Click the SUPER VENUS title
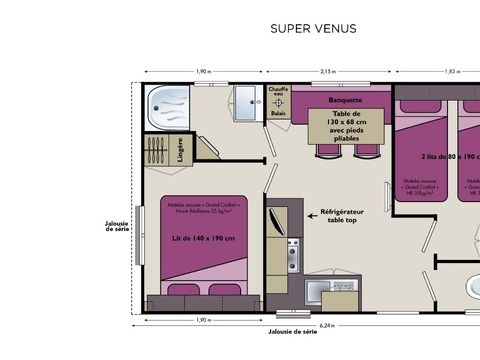pyautogui.click(x=313, y=29)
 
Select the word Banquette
pyautogui.click(x=344, y=102)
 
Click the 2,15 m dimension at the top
pyautogui.click(x=327, y=72)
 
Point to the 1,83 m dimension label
pyautogui.click(x=452, y=72)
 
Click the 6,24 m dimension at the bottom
pyautogui.click(x=327, y=325)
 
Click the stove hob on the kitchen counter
pyautogui.click(x=293, y=247)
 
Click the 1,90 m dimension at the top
pyautogui.click(x=203, y=72)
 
